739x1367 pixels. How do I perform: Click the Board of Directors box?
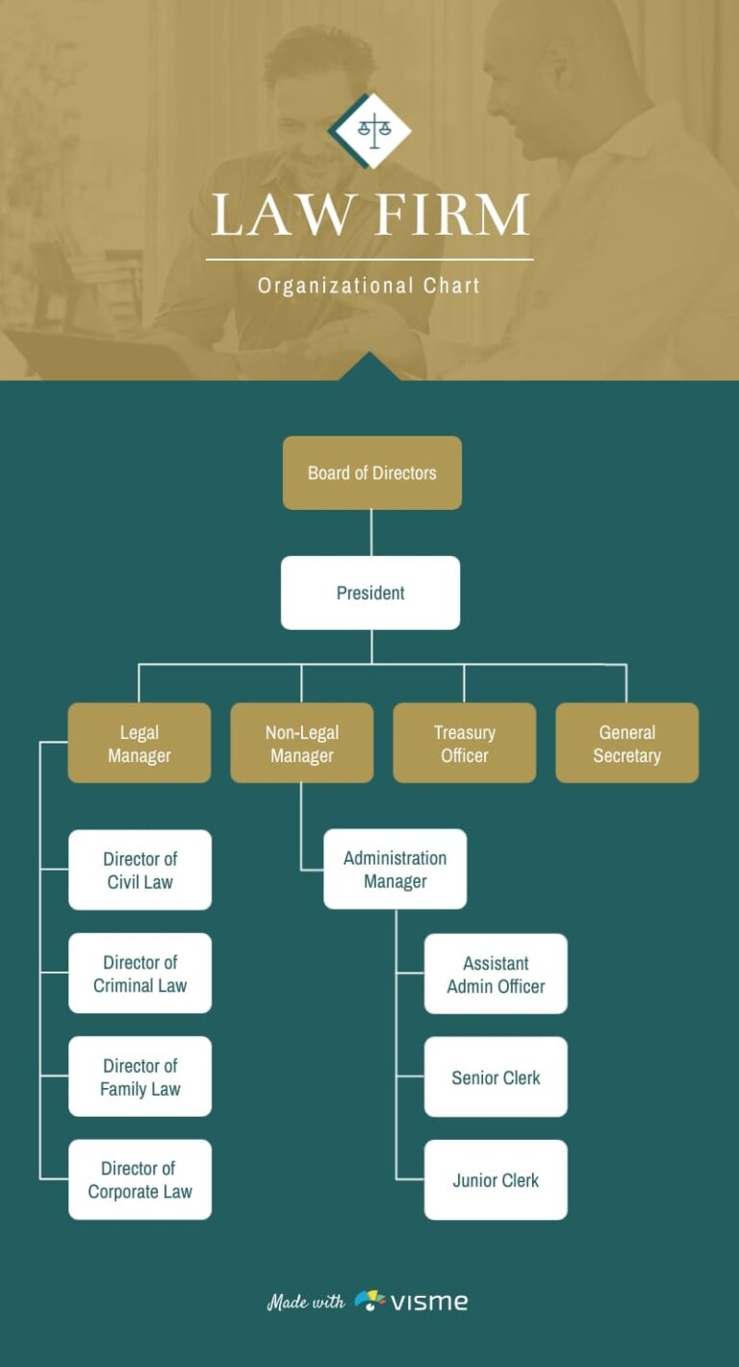click(371, 472)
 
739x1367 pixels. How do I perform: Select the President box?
click(370, 593)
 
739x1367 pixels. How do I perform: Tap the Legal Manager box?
click(140, 743)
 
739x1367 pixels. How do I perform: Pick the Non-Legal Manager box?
click(302, 743)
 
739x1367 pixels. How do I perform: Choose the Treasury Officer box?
click(465, 743)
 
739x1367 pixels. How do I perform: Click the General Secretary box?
click(627, 743)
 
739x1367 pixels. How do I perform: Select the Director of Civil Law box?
click(140, 870)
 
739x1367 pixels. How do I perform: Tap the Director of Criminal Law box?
click(140, 973)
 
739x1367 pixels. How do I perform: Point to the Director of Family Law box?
click(140, 1076)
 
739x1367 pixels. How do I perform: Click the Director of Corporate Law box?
click(140, 1179)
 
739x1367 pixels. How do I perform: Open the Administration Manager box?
click(395, 869)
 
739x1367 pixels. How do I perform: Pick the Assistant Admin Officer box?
click(496, 974)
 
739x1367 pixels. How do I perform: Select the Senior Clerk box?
click(496, 1076)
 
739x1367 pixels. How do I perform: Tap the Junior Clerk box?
click(496, 1179)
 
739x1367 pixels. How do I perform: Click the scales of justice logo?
click(370, 129)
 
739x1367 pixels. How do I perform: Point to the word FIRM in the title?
click(450, 215)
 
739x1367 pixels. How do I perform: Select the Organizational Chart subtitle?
click(369, 286)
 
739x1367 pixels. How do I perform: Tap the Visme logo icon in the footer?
click(370, 1302)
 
